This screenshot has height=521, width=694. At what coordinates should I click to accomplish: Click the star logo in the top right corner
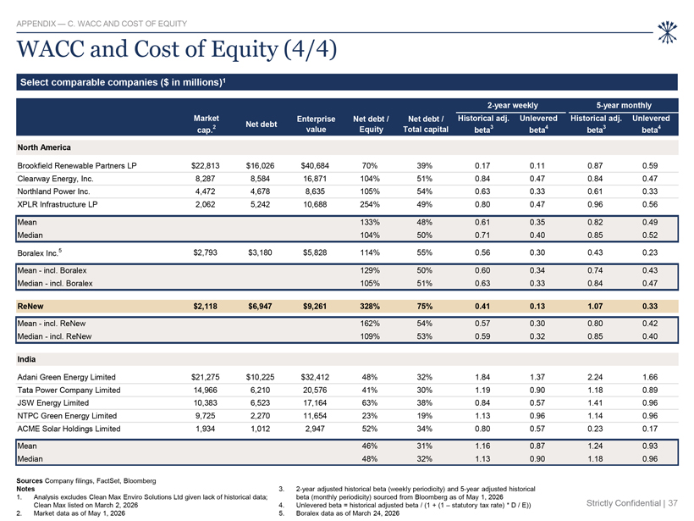[667, 32]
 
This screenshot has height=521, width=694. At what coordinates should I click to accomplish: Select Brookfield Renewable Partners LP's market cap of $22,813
[206, 166]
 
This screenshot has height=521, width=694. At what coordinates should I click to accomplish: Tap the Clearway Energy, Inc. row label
[55, 179]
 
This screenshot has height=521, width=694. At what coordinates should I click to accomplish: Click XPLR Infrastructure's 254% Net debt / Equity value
[370, 204]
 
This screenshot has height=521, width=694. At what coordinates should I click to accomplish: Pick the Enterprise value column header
[316, 124]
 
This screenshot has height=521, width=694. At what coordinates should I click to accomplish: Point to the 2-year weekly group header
[513, 105]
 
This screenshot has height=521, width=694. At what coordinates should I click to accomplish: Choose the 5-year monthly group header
[624, 105]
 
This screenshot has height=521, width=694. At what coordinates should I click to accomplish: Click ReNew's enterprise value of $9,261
[315, 306]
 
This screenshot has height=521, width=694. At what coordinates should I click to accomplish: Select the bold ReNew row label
[30, 306]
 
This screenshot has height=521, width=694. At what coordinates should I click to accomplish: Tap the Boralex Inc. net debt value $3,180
[261, 252]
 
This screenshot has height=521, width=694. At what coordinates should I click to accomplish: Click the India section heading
[26, 359]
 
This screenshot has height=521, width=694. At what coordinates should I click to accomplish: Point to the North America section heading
[44, 147]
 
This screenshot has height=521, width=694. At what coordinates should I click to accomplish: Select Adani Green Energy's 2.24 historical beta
[595, 377]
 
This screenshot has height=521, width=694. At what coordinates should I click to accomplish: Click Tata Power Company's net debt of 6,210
[261, 390]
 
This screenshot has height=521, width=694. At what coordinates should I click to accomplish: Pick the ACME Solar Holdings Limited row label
[69, 429]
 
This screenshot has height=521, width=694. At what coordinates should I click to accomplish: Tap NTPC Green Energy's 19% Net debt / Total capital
[424, 416]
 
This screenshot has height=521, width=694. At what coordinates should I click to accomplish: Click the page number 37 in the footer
[673, 503]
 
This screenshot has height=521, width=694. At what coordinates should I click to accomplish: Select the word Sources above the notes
[30, 480]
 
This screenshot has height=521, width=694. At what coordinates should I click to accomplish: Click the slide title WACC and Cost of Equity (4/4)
[177, 49]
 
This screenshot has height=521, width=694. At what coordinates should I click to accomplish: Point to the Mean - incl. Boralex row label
[52, 270]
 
